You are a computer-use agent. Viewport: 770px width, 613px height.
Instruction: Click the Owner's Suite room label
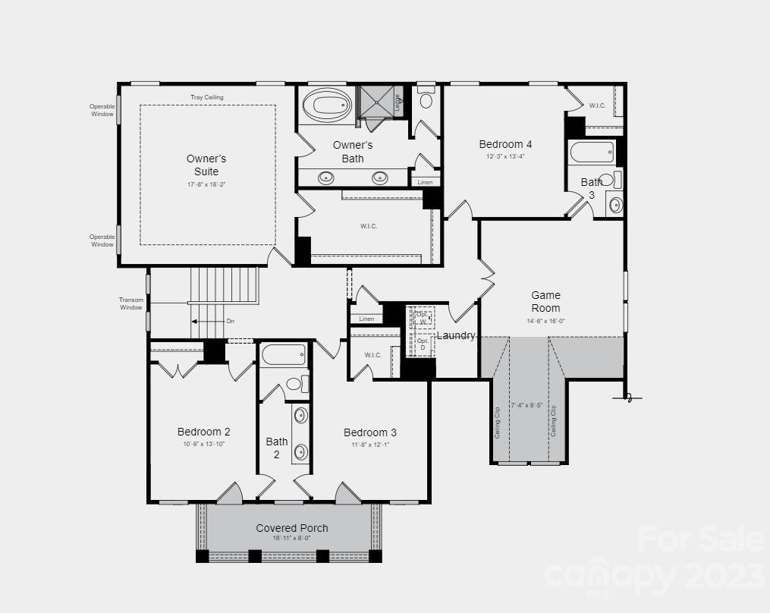coord(206,165)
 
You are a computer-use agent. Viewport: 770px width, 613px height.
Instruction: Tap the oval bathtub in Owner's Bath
coord(327,105)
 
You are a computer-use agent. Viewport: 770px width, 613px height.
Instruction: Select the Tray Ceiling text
coord(206,97)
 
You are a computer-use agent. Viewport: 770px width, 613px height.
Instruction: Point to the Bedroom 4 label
coord(505,144)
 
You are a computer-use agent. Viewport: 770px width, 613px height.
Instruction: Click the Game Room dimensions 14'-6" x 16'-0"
coord(545,321)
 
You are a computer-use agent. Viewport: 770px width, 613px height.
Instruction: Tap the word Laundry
coord(456,335)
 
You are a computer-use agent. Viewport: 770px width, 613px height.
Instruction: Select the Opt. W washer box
coord(422,317)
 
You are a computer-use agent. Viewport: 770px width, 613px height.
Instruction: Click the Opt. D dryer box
coord(422,344)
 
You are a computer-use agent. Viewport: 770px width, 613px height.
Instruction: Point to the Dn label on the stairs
coord(231,322)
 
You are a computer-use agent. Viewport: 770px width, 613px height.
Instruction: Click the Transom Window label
coord(130,303)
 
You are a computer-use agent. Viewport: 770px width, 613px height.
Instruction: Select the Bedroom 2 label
coord(203,432)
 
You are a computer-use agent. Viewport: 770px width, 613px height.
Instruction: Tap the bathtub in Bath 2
coord(284,354)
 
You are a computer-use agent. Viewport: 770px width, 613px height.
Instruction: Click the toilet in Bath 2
coord(296,383)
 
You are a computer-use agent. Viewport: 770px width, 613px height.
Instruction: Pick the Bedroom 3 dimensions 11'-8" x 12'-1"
coord(369,445)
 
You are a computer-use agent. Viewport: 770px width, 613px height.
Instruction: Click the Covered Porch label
coord(291,528)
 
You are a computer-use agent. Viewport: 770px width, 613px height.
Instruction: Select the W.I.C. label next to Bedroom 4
coord(597,105)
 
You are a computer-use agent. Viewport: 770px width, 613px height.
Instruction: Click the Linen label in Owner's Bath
coord(424,182)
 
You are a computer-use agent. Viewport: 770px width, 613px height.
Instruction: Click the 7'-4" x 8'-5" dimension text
coord(526,405)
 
